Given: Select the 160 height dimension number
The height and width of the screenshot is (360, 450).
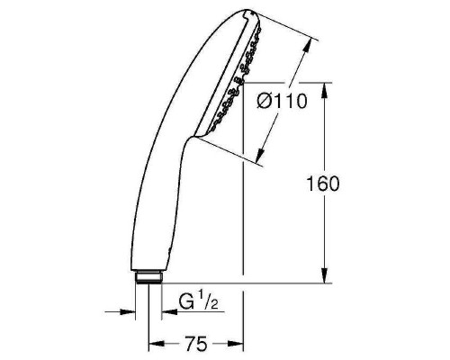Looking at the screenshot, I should click(x=323, y=185).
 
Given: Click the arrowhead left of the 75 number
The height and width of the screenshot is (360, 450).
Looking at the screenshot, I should click(x=156, y=343).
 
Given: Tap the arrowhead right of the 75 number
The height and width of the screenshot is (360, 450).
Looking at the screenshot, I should click(x=238, y=343).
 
